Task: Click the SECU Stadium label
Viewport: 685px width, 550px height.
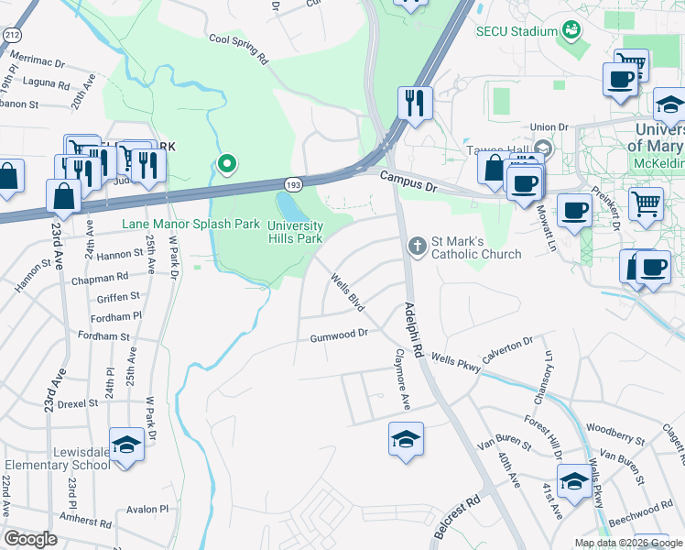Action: click(516, 31)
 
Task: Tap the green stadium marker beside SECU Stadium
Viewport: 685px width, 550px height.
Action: click(572, 30)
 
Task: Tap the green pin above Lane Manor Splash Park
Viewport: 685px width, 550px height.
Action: click(226, 164)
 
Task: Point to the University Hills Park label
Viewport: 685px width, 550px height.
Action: click(295, 232)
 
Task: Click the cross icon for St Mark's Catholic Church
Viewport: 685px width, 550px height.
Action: click(417, 245)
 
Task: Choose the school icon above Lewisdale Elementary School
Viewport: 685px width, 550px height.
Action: click(127, 444)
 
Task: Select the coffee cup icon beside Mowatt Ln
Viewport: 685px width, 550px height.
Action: click(574, 210)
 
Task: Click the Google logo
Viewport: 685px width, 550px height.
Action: click(31, 539)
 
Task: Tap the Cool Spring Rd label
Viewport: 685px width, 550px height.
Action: click(237, 48)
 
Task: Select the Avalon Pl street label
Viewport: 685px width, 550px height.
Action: click(148, 509)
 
